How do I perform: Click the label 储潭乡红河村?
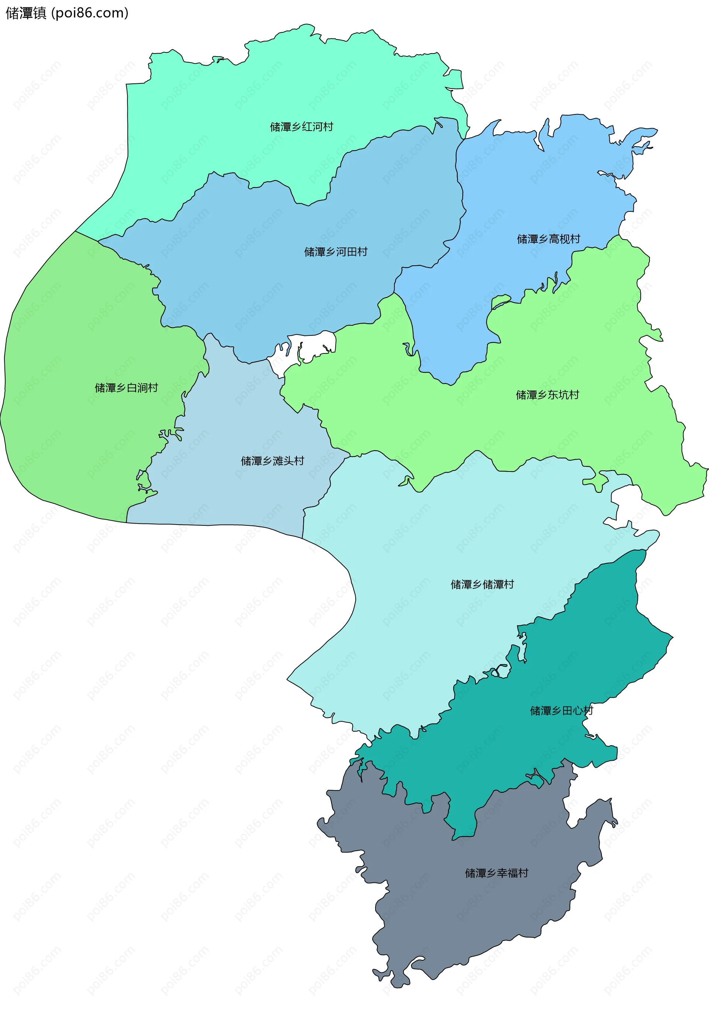(x=301, y=127)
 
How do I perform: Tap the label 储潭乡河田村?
(x=336, y=252)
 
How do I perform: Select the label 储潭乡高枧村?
(x=548, y=239)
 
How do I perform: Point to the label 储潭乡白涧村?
(x=126, y=388)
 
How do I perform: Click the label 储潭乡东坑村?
(x=547, y=395)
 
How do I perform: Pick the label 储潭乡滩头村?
(x=272, y=461)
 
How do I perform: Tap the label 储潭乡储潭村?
(x=482, y=584)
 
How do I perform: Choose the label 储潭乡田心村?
(x=561, y=711)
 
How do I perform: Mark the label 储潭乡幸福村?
(x=496, y=873)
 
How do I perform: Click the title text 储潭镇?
(x=25, y=13)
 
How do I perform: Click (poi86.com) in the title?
(x=90, y=13)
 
